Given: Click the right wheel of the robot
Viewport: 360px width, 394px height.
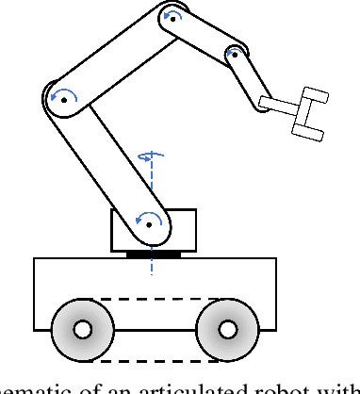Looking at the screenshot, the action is click(226, 330).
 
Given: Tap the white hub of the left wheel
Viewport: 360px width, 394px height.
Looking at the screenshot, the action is click(82, 330).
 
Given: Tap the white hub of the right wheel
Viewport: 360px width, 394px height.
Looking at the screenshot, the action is click(226, 330).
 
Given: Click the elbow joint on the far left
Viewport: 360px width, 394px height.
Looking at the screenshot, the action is click(63, 96).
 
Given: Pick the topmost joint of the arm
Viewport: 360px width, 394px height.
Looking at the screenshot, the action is click(171, 18).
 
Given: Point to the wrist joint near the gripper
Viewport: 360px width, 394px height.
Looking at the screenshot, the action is click(233, 55).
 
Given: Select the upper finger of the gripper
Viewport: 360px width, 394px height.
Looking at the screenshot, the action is click(313, 95).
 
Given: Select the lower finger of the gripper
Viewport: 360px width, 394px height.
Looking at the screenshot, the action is click(303, 129).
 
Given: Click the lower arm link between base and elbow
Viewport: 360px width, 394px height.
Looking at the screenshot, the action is click(106, 160).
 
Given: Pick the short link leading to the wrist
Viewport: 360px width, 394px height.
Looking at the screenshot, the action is click(203, 37).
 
